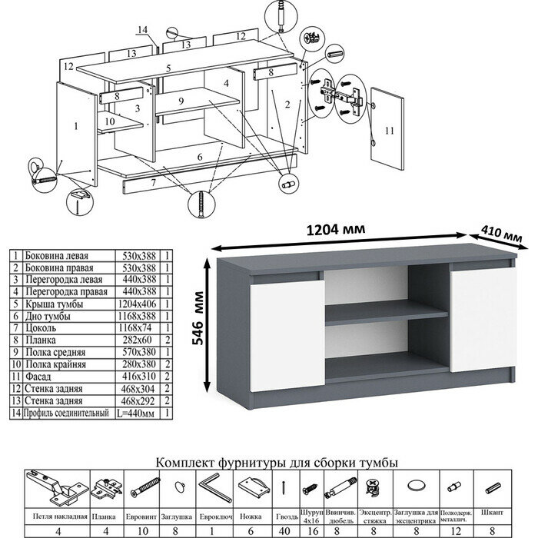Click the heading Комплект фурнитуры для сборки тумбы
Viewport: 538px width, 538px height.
277,462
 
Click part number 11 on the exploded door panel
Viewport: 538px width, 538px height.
389,131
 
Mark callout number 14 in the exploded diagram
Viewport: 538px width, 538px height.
141,30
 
